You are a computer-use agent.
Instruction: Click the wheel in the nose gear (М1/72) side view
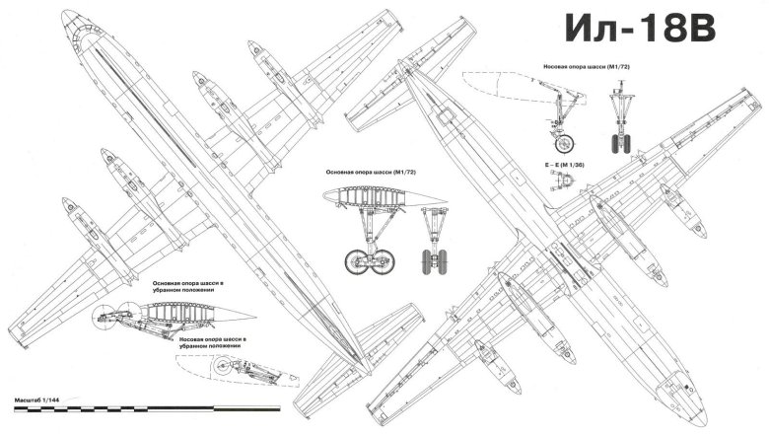click(x=560, y=140)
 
